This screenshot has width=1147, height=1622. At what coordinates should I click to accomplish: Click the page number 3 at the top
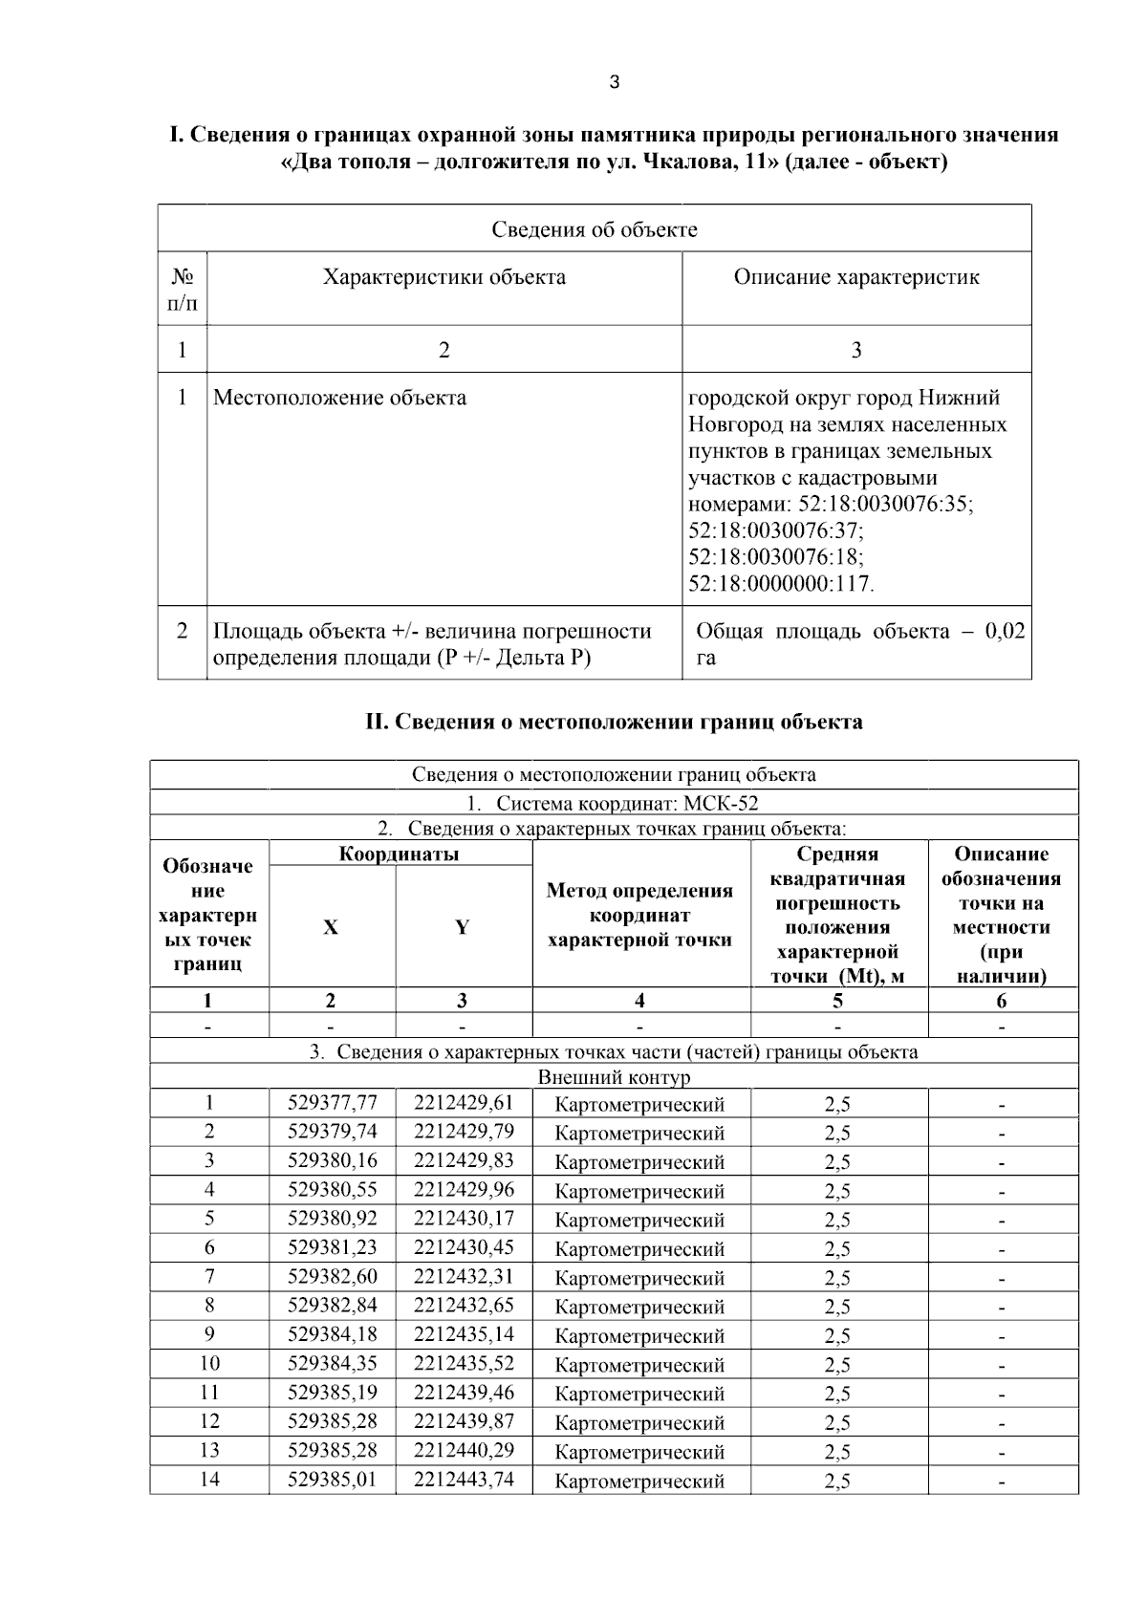(x=614, y=83)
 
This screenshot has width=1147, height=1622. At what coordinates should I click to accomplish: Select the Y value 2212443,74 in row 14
(x=464, y=1479)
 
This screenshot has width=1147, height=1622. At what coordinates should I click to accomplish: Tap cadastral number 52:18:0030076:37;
(x=775, y=530)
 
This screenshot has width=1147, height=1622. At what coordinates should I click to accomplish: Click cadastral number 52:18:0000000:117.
(x=781, y=583)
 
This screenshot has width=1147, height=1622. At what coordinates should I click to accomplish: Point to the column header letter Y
(x=463, y=927)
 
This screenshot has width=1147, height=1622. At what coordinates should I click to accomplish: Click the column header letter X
(x=331, y=927)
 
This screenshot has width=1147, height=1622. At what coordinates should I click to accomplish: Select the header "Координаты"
(x=400, y=854)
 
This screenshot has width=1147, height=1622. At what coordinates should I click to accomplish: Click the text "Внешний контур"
(x=614, y=1077)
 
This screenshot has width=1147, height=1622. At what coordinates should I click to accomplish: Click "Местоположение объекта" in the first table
(x=339, y=398)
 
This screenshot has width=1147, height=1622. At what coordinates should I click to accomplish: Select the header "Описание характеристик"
(x=856, y=277)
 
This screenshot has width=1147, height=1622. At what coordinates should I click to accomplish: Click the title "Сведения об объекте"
(x=595, y=229)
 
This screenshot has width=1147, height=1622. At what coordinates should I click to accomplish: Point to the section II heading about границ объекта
(x=614, y=722)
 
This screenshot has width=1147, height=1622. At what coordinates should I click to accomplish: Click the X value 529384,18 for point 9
(x=332, y=1334)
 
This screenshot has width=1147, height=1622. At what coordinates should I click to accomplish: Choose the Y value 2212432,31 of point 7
(x=464, y=1276)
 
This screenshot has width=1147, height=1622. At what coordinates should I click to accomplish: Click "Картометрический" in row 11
(x=639, y=1394)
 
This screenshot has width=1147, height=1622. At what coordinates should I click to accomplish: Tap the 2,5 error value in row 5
(x=837, y=1220)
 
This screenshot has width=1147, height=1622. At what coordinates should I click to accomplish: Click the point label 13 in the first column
(x=209, y=1450)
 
